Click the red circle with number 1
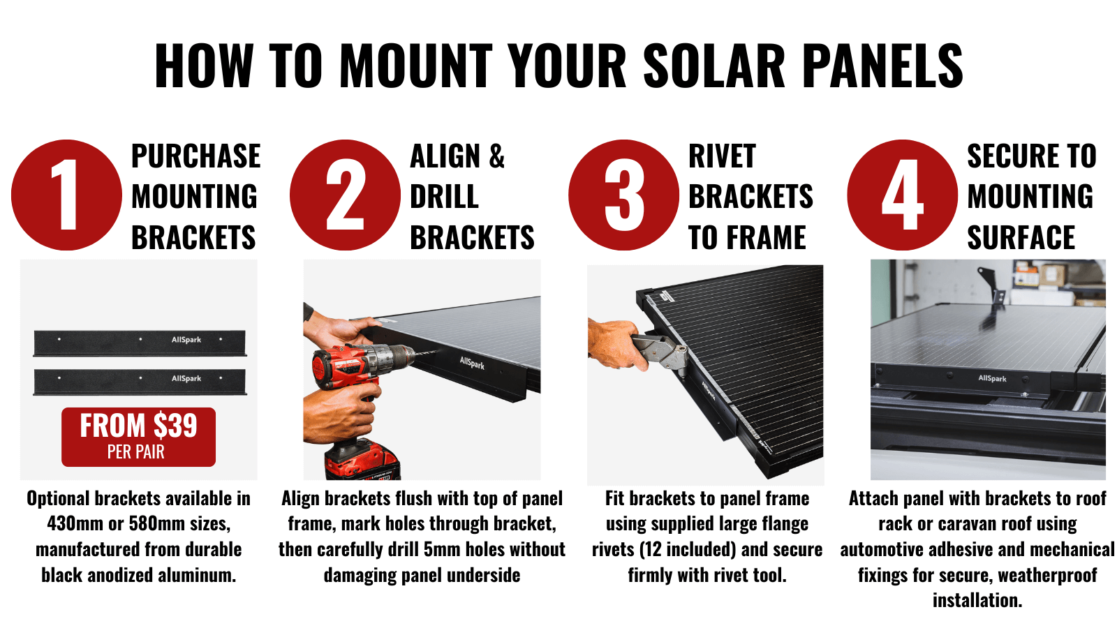click(x=66, y=195)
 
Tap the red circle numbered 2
click(x=345, y=195)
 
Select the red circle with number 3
click(x=624, y=195)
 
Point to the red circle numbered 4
click(x=903, y=195)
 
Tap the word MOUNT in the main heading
click(x=416, y=66)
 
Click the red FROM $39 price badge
click(x=139, y=437)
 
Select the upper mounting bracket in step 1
click(x=140, y=343)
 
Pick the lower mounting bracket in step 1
click(x=140, y=382)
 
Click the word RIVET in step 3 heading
click(x=722, y=156)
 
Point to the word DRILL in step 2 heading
click(x=444, y=197)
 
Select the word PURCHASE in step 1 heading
click(x=196, y=156)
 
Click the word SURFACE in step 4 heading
click(x=1021, y=238)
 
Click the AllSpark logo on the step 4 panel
click(x=992, y=378)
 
